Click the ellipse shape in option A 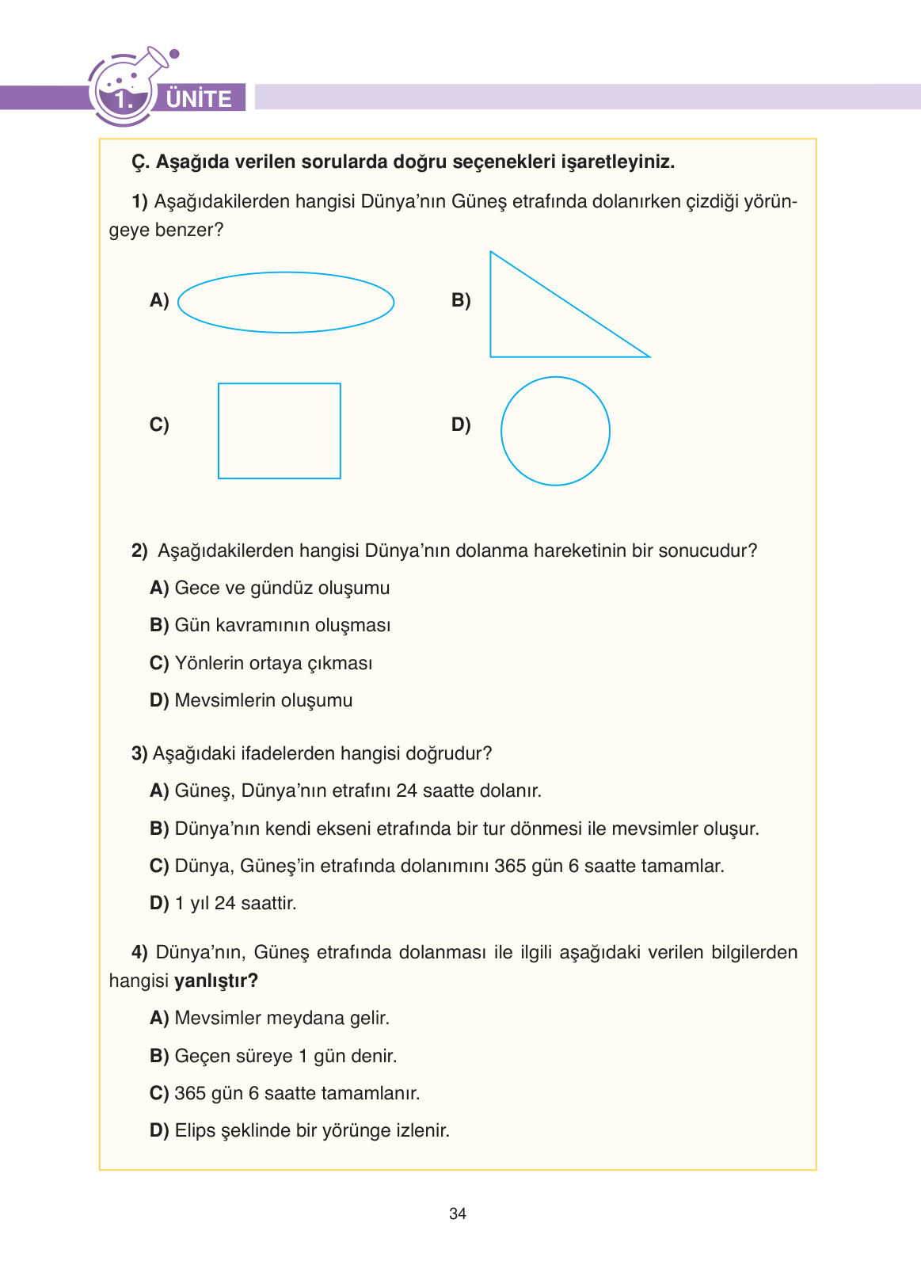point(286,302)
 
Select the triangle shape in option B point(539,325)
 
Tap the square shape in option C point(280,431)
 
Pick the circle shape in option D point(555,431)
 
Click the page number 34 point(458,1213)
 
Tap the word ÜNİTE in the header point(199,99)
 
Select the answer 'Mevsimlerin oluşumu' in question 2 point(263,700)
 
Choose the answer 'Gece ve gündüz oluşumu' point(282,588)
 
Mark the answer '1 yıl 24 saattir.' point(235,903)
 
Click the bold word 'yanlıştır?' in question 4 point(216,981)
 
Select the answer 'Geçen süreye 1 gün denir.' point(285,1056)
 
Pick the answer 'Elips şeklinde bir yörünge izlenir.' point(312,1130)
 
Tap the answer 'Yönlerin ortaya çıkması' point(273,663)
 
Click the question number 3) point(139,753)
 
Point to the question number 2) point(139,550)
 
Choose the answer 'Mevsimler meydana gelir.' point(282,1018)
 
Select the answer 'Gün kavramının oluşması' point(282,625)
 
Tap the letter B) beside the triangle point(461,300)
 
